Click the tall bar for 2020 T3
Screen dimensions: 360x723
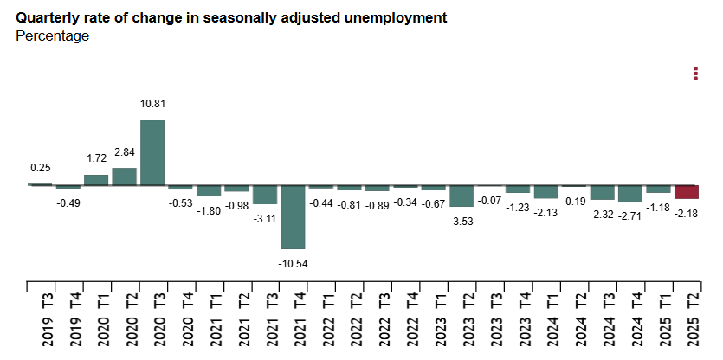(152, 152)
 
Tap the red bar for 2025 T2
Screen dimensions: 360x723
(687, 192)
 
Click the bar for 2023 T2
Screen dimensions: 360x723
(462, 196)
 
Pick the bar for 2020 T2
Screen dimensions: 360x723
(125, 177)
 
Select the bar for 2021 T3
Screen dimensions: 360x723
(265, 195)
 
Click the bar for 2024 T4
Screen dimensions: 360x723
(630, 193)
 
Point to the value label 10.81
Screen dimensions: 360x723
(152, 104)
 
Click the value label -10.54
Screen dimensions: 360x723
(293, 263)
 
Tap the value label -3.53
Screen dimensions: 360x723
(462, 222)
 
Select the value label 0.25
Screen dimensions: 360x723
(40, 168)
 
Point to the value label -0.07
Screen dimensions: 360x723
(489, 201)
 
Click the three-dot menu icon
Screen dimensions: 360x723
(695, 74)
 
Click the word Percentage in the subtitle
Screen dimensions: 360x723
(53, 36)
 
